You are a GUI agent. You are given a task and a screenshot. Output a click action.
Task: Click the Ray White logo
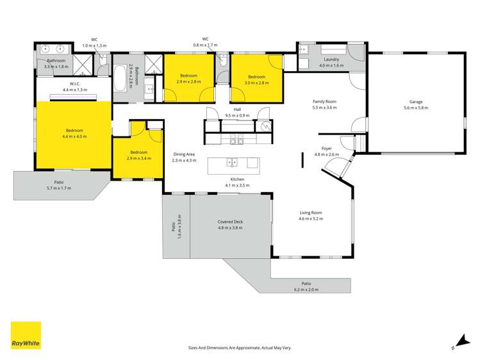pos(26,336)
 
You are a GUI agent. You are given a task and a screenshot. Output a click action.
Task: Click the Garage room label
pos(416,102)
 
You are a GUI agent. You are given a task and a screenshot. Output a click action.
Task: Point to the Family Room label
pos(324,101)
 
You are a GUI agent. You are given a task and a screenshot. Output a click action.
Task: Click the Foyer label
pos(326,149)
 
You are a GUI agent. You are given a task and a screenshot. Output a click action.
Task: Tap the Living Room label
pos(311,213)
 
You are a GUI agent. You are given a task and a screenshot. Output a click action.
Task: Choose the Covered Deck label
pos(230,222)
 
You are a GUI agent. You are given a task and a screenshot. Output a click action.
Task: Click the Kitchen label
pos(236,179)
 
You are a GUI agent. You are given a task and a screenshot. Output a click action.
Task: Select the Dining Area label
pos(184,154)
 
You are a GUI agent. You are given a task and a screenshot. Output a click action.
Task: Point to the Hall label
pos(237,110)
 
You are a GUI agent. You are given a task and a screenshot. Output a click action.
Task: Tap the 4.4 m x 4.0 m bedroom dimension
pos(73,136)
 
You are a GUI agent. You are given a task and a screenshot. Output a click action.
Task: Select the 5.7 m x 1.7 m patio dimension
pos(58,188)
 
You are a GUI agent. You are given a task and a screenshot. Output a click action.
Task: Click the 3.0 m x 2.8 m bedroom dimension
pos(256,83)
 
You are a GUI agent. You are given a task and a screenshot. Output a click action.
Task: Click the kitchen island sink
pos(234,162)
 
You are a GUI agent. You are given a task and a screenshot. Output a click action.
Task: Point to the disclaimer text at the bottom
pos(239,347)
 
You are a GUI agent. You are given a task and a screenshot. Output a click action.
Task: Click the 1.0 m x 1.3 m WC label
pos(94,46)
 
